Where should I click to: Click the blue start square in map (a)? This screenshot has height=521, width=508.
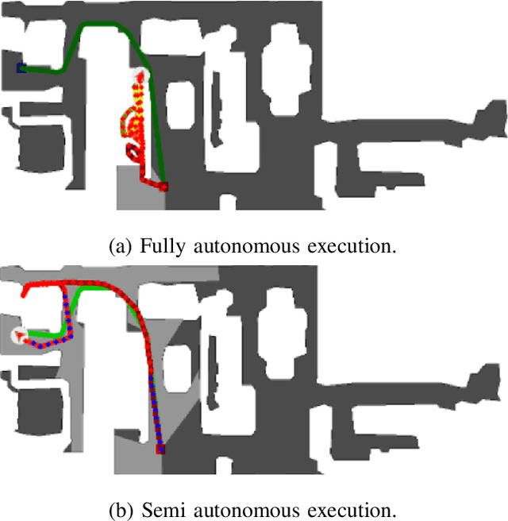click(x=22, y=68)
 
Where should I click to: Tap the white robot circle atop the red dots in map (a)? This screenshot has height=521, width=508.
click(x=140, y=76)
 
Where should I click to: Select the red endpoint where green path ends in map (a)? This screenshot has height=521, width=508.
click(x=164, y=187)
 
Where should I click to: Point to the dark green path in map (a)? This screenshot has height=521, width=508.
click(x=103, y=26)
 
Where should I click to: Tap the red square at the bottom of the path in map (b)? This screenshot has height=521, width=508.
click(x=160, y=450)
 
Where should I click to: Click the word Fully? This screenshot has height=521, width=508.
click(x=159, y=245)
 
